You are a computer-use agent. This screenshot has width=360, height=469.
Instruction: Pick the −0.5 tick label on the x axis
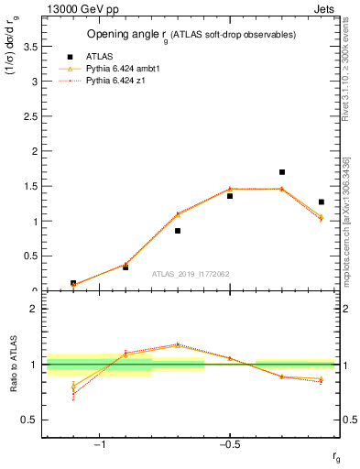[228, 445]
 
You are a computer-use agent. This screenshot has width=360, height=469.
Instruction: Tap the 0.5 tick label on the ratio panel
[29, 420]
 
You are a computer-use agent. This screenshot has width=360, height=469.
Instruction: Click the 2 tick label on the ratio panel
[34, 309]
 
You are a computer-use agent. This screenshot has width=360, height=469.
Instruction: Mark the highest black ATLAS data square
[282, 171]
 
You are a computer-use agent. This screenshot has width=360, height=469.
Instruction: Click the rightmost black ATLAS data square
[322, 202]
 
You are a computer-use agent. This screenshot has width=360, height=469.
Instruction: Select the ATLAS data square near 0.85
[178, 231]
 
